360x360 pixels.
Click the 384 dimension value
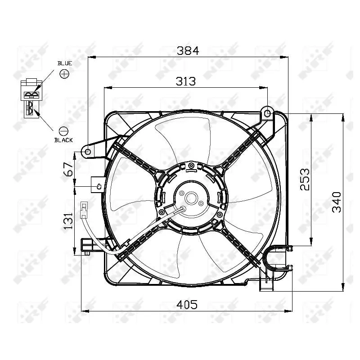pyautogui.click(x=187, y=50)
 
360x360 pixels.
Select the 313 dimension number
pyautogui.click(x=185, y=81)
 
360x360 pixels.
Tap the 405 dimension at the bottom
pyautogui.click(x=187, y=305)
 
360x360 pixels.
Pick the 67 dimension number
pyautogui.click(x=68, y=169)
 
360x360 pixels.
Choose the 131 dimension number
pyautogui.click(x=68, y=220)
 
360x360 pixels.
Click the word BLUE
pyautogui.click(x=64, y=63)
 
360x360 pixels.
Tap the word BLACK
pyautogui.click(x=63, y=140)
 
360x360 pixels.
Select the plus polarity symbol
pyautogui.click(x=64, y=73)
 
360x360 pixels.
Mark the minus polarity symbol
pyautogui.click(x=63, y=131)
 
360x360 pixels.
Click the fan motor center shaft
pyautogui.click(x=190, y=198)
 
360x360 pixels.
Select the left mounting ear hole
pyautogui.click(x=88, y=152)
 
